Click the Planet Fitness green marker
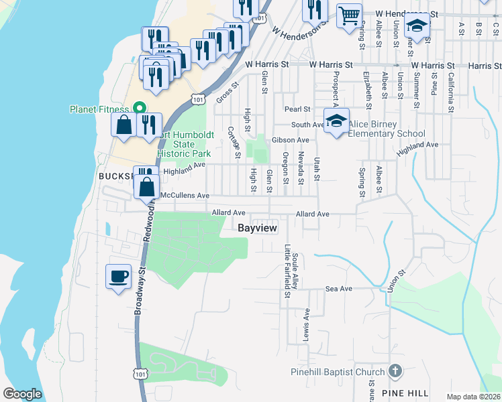pyautogui.click(x=140, y=108)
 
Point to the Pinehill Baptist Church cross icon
pyautogui.click(x=395, y=371)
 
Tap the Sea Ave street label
pyautogui.click(x=338, y=289)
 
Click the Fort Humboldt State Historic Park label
pyautogui.click(x=185, y=143)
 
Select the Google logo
pyautogui.click(x=21, y=394)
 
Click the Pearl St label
pyautogui.click(x=297, y=109)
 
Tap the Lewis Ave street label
pyautogui.click(x=307, y=322)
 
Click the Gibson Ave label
pyautogui.click(x=290, y=140)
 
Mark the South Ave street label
pyautogui.click(x=308, y=125)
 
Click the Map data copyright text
pyautogui.click(x=473, y=397)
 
